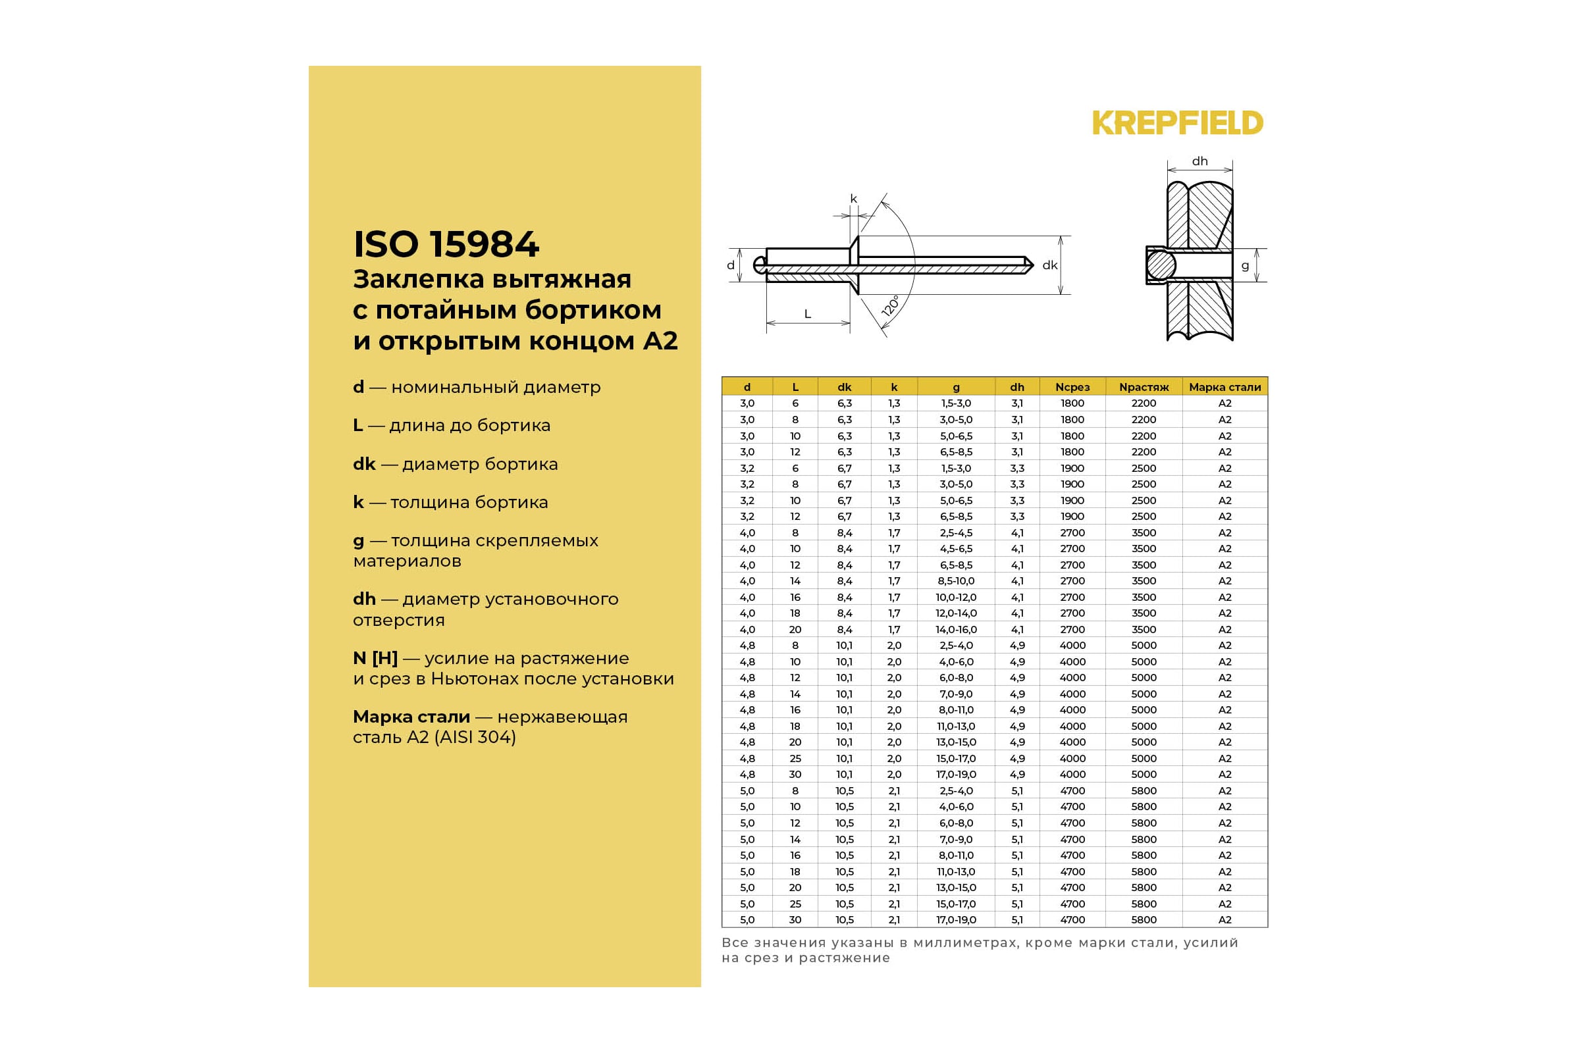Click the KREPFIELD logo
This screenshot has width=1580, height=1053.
[x=1177, y=123]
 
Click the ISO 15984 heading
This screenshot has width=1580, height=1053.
[x=446, y=244]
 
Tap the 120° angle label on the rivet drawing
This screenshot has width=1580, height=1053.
[x=890, y=306]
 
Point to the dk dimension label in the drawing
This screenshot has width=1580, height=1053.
[x=1049, y=265]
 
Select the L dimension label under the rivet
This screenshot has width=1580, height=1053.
[x=808, y=314]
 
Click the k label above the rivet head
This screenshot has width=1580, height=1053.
[x=854, y=199]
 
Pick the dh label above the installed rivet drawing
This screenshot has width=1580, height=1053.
[x=1199, y=161]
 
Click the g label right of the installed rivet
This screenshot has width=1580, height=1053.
[x=1245, y=266]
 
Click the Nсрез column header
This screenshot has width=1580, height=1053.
[x=1072, y=387]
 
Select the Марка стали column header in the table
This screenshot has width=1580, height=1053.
[x=1224, y=387]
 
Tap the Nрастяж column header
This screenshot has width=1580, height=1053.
[x=1144, y=387]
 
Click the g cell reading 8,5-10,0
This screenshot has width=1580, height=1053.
[x=956, y=581]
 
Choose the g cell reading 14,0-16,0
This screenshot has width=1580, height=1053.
[x=956, y=629]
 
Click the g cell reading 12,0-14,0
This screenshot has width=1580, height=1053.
[x=956, y=613]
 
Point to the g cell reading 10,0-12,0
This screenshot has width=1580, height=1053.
[x=956, y=597]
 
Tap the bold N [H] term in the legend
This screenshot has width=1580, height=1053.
[x=375, y=658]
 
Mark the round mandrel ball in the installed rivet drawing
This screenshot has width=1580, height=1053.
[x=1161, y=265]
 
